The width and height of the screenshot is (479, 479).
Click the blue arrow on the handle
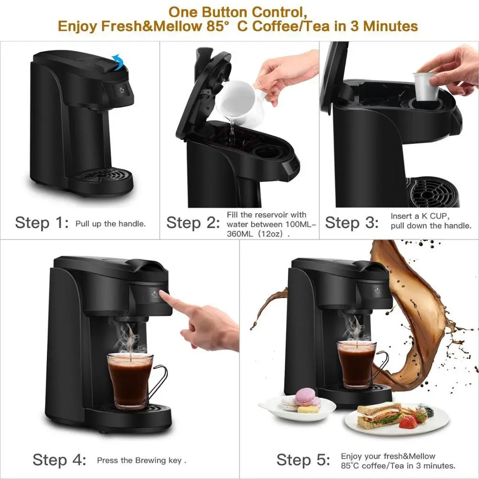(x=117, y=61)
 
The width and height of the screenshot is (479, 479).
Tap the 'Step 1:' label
(x=42, y=223)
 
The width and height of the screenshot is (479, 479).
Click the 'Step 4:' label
(x=59, y=460)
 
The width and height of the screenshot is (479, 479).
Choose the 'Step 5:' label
(x=303, y=460)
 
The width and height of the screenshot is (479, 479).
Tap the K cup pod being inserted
(x=426, y=86)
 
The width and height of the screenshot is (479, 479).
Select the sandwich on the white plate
(x=379, y=415)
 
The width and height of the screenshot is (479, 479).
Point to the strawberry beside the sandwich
(x=408, y=422)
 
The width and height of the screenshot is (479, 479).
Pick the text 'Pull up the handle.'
(x=111, y=224)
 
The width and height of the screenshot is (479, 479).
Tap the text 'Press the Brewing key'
(x=141, y=460)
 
